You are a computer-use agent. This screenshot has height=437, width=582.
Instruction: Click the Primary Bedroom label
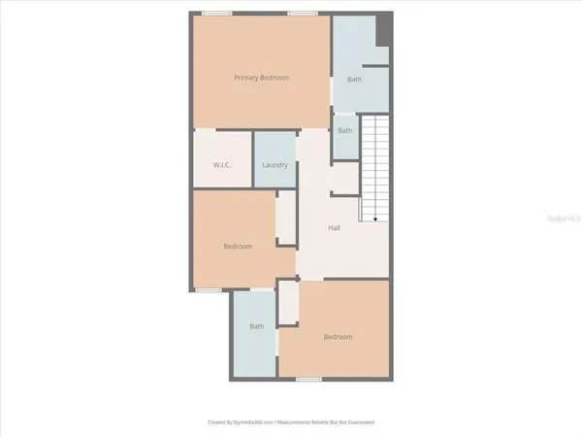(262, 78)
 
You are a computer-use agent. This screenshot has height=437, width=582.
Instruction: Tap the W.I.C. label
(222, 165)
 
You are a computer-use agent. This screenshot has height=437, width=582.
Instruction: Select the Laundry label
(275, 165)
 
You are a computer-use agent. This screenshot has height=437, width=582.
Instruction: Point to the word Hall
(334, 228)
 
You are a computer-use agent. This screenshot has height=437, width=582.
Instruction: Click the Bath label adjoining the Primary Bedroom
(355, 80)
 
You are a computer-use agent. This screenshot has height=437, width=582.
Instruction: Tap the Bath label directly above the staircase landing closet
(345, 130)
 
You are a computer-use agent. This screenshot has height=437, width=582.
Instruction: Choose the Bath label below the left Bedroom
(257, 326)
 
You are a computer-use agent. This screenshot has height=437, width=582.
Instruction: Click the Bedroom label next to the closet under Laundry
(238, 247)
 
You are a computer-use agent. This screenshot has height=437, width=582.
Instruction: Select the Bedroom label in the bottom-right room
(338, 337)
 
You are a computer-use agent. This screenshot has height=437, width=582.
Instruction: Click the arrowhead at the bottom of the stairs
(374, 219)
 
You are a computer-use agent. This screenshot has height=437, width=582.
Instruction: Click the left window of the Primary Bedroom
(217, 14)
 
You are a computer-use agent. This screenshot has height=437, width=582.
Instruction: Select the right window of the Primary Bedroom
(303, 14)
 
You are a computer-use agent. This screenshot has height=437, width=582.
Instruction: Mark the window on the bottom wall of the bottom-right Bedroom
(308, 379)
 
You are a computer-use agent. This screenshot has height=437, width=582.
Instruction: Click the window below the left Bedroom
(207, 289)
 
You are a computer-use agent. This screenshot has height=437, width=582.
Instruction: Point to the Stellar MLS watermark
(564, 220)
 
